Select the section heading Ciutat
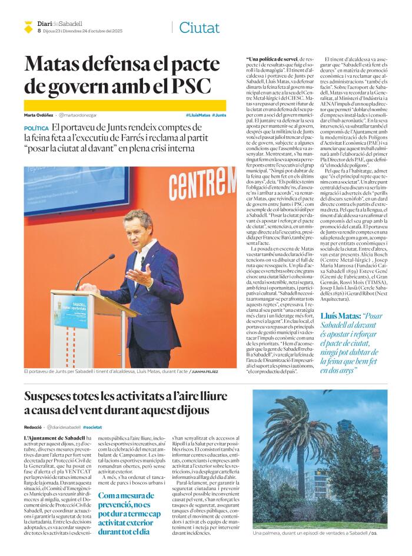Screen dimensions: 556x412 199,28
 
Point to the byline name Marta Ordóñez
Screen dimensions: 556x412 38,115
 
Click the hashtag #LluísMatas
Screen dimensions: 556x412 197,115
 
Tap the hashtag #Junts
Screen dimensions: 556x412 219,115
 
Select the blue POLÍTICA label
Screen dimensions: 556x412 36,128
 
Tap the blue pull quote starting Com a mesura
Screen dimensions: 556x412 128,512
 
